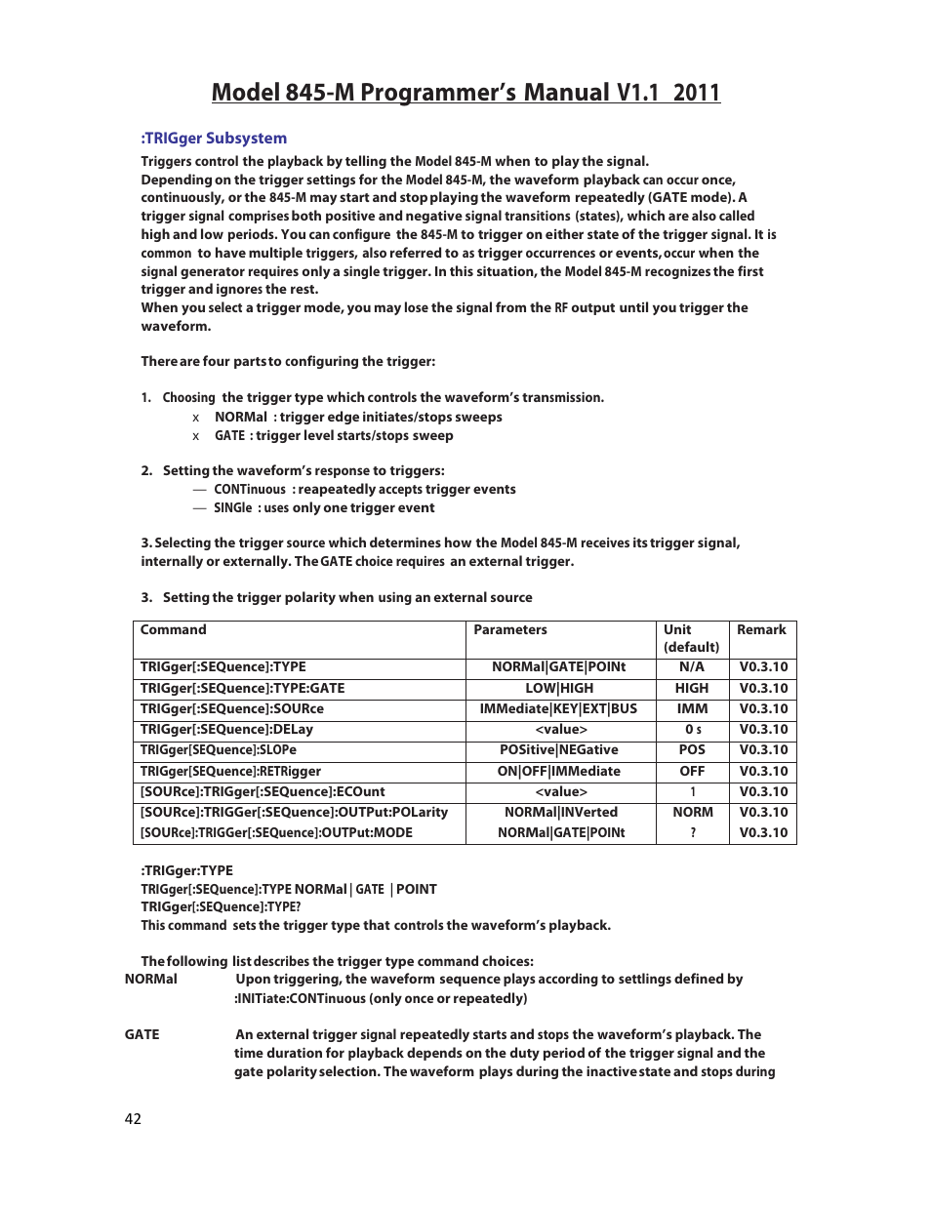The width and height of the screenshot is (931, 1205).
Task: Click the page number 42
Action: point(133,1119)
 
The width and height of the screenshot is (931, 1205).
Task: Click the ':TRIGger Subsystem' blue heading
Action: point(214,139)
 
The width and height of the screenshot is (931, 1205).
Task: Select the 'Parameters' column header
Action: point(510,630)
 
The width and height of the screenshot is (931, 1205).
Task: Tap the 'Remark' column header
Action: point(761,630)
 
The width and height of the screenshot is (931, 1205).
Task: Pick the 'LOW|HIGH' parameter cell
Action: point(559,689)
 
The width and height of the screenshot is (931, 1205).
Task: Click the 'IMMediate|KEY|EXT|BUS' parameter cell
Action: point(558,709)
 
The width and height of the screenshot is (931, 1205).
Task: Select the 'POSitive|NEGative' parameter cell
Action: point(559,750)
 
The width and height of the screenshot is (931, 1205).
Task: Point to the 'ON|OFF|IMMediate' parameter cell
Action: point(559,772)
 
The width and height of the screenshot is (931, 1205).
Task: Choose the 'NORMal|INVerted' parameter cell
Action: point(561,813)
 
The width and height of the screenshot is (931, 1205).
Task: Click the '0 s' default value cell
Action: point(693,730)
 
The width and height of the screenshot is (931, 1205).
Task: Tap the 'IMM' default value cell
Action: point(693,709)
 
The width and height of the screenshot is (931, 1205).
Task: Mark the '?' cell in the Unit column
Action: point(693,833)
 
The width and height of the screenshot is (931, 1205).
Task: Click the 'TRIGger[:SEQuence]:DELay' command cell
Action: point(226,730)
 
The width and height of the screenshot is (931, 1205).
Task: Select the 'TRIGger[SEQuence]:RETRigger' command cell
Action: point(230,772)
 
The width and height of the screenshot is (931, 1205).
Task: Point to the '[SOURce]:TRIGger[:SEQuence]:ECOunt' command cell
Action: point(263,792)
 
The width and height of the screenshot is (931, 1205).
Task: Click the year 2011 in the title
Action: point(697,93)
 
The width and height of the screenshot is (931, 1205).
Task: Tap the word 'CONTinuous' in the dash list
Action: point(250,490)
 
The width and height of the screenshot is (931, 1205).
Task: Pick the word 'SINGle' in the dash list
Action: point(233,508)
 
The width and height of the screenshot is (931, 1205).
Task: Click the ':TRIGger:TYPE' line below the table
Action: point(187,871)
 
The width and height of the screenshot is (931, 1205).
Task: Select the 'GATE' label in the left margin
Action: point(142,1035)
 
